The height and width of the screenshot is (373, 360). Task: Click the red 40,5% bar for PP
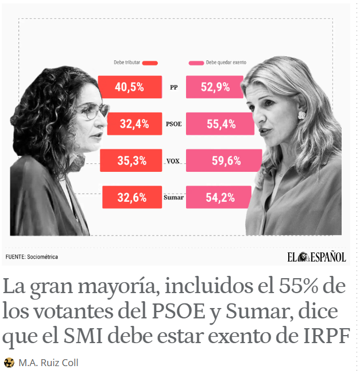(130, 87)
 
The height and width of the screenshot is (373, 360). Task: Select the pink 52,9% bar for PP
(216, 87)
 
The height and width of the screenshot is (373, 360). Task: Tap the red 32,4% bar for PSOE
(134, 124)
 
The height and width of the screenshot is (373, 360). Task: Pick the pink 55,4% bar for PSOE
(220, 124)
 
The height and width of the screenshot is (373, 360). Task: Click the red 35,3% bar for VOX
(131, 161)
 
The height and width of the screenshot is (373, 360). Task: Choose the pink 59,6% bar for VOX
(224, 161)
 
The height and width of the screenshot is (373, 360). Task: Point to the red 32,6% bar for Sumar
(132, 197)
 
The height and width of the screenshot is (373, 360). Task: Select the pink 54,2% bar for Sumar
(219, 197)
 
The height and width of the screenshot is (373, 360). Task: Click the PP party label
(174, 88)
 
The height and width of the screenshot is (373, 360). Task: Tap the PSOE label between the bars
(173, 124)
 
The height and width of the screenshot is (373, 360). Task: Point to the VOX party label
(173, 161)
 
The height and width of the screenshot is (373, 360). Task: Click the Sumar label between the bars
(173, 198)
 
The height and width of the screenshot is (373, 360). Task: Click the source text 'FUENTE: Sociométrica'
(32, 257)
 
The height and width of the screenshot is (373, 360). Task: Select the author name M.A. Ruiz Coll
(48, 363)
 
